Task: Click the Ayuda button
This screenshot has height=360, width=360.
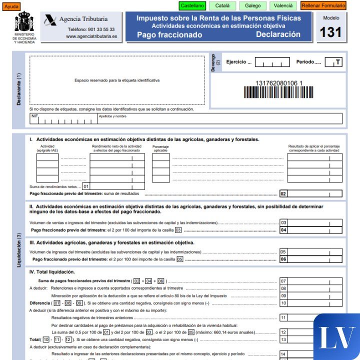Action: (x=11, y=6)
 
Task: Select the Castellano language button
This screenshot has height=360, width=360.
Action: (x=192, y=6)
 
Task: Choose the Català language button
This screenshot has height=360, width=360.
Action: (x=222, y=6)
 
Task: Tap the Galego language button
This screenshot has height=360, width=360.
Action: (x=252, y=6)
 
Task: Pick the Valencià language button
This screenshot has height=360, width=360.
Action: (x=283, y=6)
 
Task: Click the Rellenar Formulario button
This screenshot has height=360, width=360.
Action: (x=323, y=6)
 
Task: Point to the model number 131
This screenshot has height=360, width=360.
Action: (x=330, y=32)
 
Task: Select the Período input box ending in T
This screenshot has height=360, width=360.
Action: (x=333, y=62)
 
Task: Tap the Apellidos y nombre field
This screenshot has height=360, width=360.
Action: (x=220, y=119)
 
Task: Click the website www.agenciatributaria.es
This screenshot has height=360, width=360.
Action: (x=91, y=36)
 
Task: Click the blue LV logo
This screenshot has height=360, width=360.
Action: (x=336, y=337)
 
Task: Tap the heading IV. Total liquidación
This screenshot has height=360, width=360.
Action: (x=52, y=272)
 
